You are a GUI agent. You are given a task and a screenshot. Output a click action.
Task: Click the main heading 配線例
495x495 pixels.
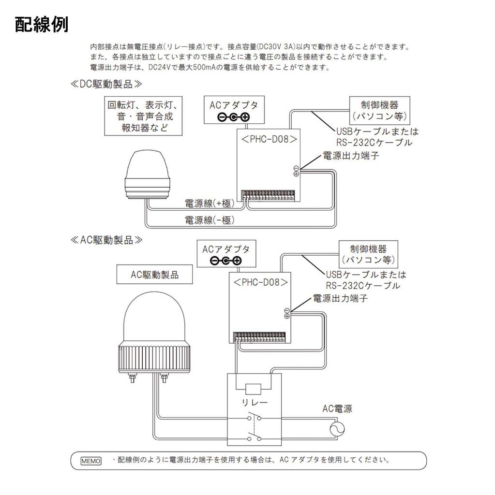42,25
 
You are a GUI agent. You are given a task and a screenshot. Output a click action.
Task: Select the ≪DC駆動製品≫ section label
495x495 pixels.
107,84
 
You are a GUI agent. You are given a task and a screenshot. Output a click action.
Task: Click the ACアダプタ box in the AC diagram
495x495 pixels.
226,255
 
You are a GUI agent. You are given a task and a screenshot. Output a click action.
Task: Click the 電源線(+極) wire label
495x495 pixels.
210,203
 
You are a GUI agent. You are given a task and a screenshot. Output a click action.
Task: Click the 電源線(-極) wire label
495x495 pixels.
210,220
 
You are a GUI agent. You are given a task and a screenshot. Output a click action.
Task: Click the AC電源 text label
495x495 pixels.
337,409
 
